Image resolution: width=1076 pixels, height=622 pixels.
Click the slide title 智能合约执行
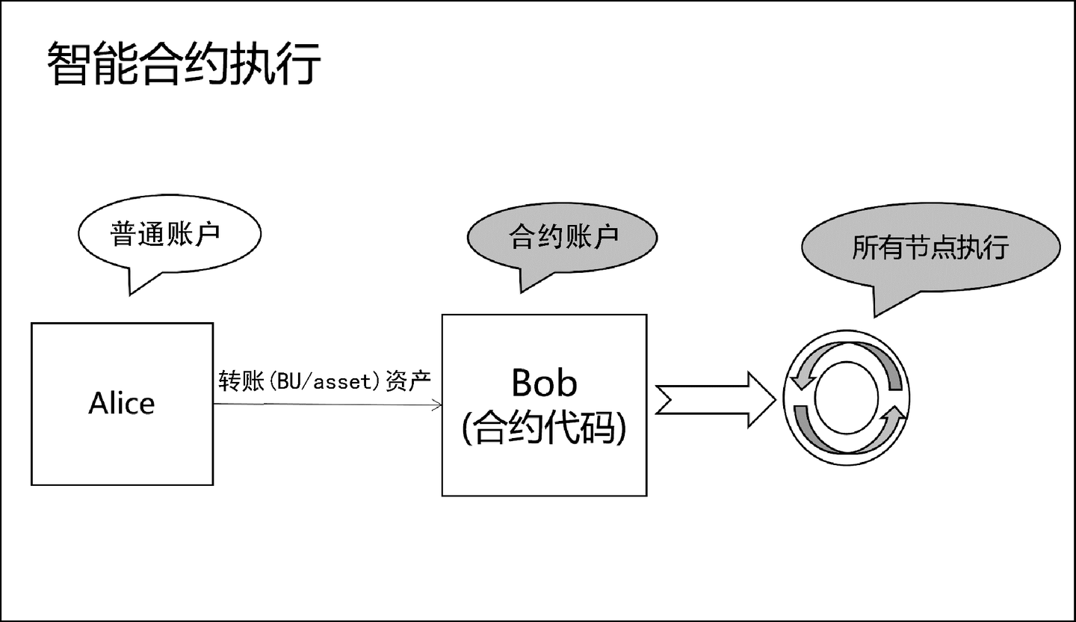point(184,63)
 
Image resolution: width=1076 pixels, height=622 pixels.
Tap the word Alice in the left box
point(122,404)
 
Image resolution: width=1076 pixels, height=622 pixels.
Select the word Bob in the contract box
point(544,383)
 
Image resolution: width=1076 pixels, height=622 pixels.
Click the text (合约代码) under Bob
point(544,429)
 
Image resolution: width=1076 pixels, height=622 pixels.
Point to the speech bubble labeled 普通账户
point(169,234)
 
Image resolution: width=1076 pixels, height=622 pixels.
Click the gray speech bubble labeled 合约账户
point(562,238)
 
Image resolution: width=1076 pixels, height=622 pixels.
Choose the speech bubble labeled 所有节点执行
point(930,247)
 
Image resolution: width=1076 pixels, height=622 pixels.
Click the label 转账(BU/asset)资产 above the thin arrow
point(325,381)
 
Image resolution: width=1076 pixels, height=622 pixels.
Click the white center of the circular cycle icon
point(846,398)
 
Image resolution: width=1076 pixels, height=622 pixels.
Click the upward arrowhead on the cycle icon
point(894,414)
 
